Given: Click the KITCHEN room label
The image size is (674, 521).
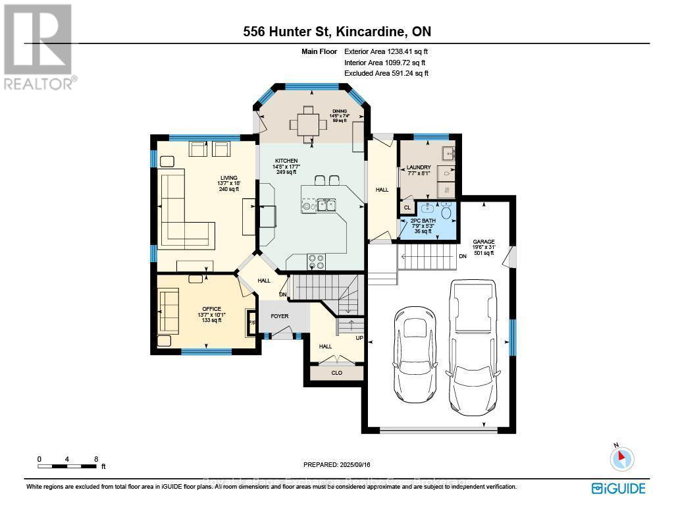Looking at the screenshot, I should tap(286, 161).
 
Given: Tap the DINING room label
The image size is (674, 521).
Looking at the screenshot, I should tap(340, 111).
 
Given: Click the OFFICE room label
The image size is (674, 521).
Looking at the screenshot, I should tap(211, 309).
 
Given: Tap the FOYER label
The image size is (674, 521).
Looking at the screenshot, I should tap(280, 316).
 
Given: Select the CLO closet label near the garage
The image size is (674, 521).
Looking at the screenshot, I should tap(336, 372).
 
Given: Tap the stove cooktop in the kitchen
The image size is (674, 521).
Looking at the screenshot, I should tap(315, 261).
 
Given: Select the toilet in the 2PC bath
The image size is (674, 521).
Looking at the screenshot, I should tap(446, 212).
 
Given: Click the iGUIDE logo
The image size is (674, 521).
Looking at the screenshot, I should tap(618, 488).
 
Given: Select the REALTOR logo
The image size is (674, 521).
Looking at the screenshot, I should tap(38, 46).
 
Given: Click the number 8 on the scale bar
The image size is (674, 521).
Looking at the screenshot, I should tap(96, 459).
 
